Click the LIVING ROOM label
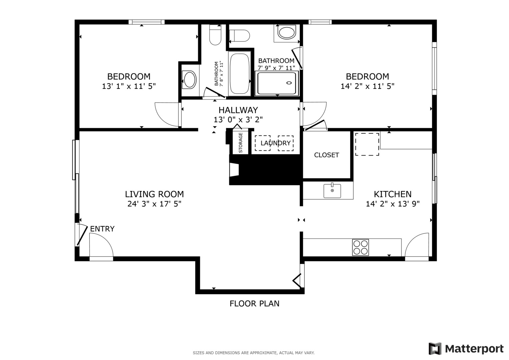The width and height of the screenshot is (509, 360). point(154,194)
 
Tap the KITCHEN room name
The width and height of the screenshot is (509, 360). point(392,194)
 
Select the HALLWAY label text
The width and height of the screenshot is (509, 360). point(238,110)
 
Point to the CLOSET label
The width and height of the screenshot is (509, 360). point(326,155)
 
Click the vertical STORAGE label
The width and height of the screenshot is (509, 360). point(240,143)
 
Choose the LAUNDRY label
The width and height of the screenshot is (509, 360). point(275,143)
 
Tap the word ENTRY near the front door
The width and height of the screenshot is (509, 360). point(102,229)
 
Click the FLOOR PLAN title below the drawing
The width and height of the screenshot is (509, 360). point(254,303)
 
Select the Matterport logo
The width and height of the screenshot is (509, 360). point(466,349)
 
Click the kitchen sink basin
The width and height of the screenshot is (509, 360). point(332,191)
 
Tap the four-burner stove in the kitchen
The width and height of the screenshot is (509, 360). point(360,247)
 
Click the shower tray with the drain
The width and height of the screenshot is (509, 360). point(276,83)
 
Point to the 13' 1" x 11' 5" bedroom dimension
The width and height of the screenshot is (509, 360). point(129,86)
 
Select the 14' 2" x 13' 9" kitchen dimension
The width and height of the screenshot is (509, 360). point(392,204)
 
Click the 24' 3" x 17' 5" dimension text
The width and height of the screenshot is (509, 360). point(154,204)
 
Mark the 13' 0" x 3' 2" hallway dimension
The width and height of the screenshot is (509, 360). point(238,120)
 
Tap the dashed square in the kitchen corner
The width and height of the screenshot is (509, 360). point(367,144)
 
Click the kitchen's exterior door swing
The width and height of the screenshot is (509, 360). point(417,246)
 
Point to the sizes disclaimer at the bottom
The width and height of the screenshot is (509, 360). point(253,353)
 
